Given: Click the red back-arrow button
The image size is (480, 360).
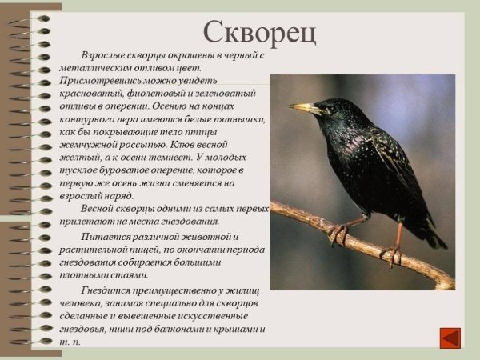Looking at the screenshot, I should point(451,335).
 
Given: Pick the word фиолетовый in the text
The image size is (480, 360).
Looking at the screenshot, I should point(143,94).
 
